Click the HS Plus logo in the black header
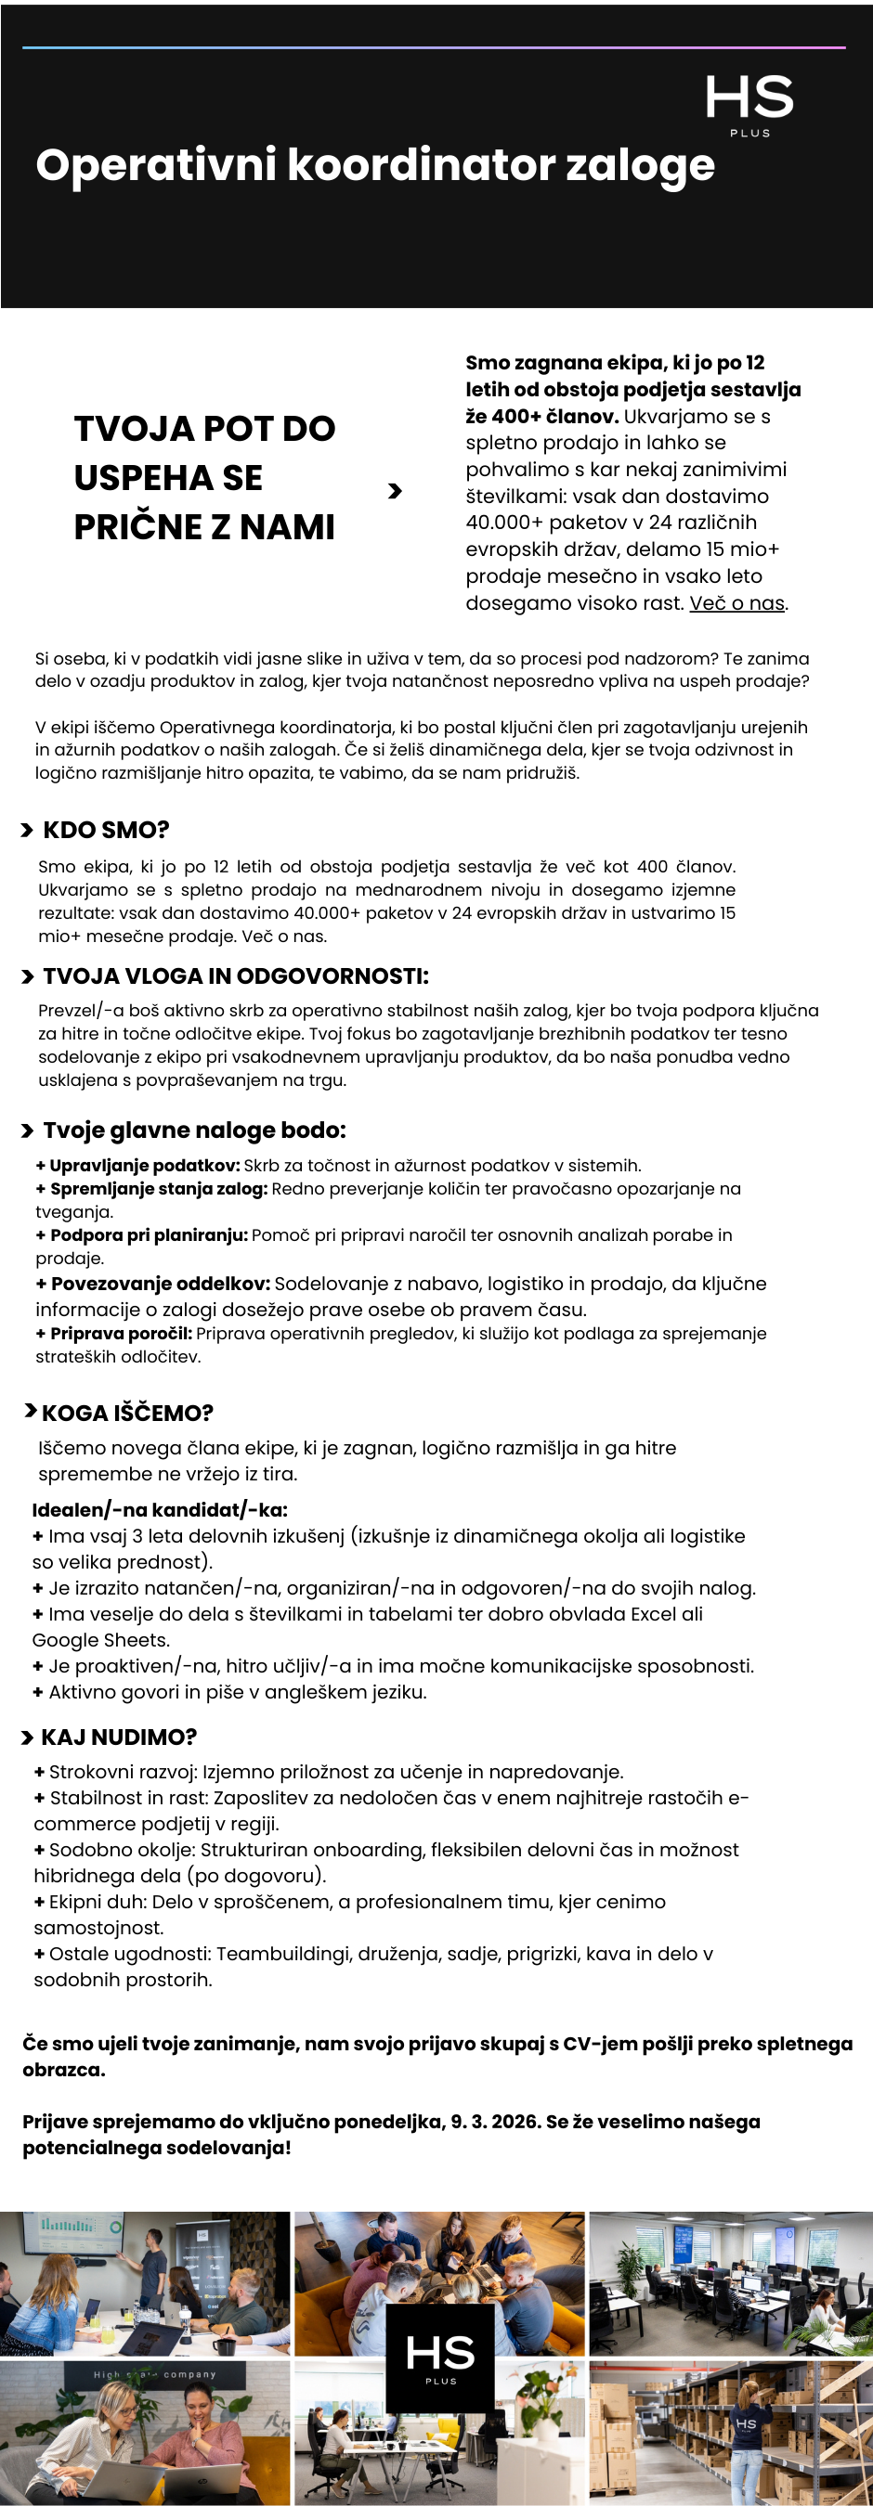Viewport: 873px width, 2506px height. point(749,103)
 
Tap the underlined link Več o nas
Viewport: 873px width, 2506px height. point(736,603)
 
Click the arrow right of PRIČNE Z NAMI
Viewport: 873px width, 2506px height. point(394,491)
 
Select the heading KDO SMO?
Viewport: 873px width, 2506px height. point(106,830)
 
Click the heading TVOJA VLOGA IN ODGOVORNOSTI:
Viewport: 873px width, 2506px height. point(236,975)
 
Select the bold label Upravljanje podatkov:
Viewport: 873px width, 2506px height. point(144,1166)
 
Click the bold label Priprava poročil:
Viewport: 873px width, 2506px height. point(121,1333)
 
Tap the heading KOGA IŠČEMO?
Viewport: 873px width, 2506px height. point(126,1413)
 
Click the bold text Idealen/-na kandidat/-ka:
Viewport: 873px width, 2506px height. point(160,1510)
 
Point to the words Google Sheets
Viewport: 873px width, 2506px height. point(100,1640)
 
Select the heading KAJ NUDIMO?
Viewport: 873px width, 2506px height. point(119,1737)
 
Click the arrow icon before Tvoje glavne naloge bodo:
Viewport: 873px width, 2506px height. point(27,1130)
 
